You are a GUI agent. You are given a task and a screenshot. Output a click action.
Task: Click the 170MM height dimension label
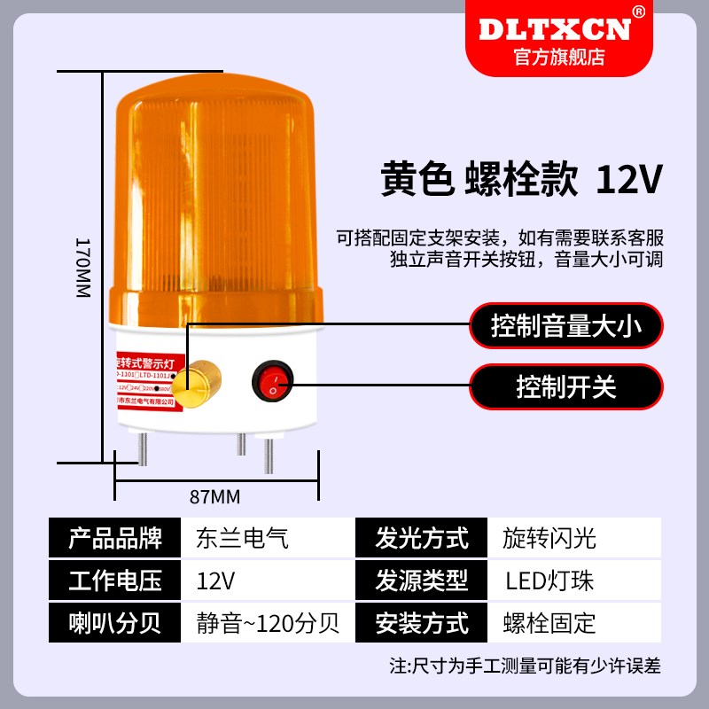point(82,267)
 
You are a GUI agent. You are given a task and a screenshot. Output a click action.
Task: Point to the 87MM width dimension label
point(215,495)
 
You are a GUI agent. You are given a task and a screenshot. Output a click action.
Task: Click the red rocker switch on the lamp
point(272,381)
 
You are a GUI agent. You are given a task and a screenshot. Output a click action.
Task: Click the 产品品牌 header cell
point(115,538)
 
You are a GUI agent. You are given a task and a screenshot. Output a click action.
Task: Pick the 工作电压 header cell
point(115,580)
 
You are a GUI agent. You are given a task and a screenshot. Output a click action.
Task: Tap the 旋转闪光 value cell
point(549,538)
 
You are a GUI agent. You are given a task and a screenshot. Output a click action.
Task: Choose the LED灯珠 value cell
point(549,580)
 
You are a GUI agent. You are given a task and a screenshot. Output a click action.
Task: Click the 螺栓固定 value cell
point(549,623)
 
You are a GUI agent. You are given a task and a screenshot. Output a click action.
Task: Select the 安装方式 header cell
point(422,623)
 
